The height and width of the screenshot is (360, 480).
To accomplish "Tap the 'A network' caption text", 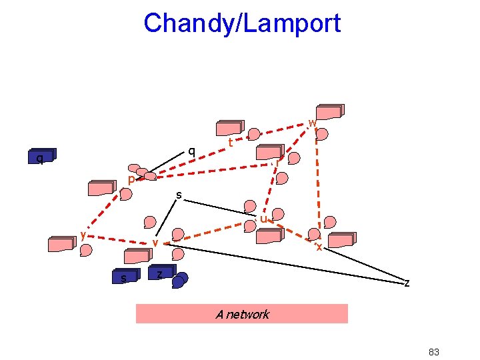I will tap(242, 314).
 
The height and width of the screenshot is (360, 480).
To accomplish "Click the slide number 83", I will tap(434, 352).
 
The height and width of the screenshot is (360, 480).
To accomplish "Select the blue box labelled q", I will tap(41, 157).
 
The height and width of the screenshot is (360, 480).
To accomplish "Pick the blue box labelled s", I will tap(125, 277).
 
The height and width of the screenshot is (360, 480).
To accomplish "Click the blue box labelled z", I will tap(161, 273).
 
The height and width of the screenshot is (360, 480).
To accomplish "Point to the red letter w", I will tap(312, 123).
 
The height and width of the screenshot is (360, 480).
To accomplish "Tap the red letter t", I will tap(230, 143).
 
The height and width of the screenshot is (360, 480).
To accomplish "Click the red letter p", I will tap(131, 180).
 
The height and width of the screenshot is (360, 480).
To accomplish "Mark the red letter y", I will tap(83, 234).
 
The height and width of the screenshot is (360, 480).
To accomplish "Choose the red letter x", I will tap(319, 247).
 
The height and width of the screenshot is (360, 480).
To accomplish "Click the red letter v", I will tap(155, 243).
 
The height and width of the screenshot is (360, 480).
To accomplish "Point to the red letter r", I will tap(277, 162).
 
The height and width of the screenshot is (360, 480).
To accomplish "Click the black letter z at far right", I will tap(407, 283).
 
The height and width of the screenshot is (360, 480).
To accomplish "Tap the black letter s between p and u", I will tap(179, 195).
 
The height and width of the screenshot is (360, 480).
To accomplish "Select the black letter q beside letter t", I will tap(191, 151).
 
